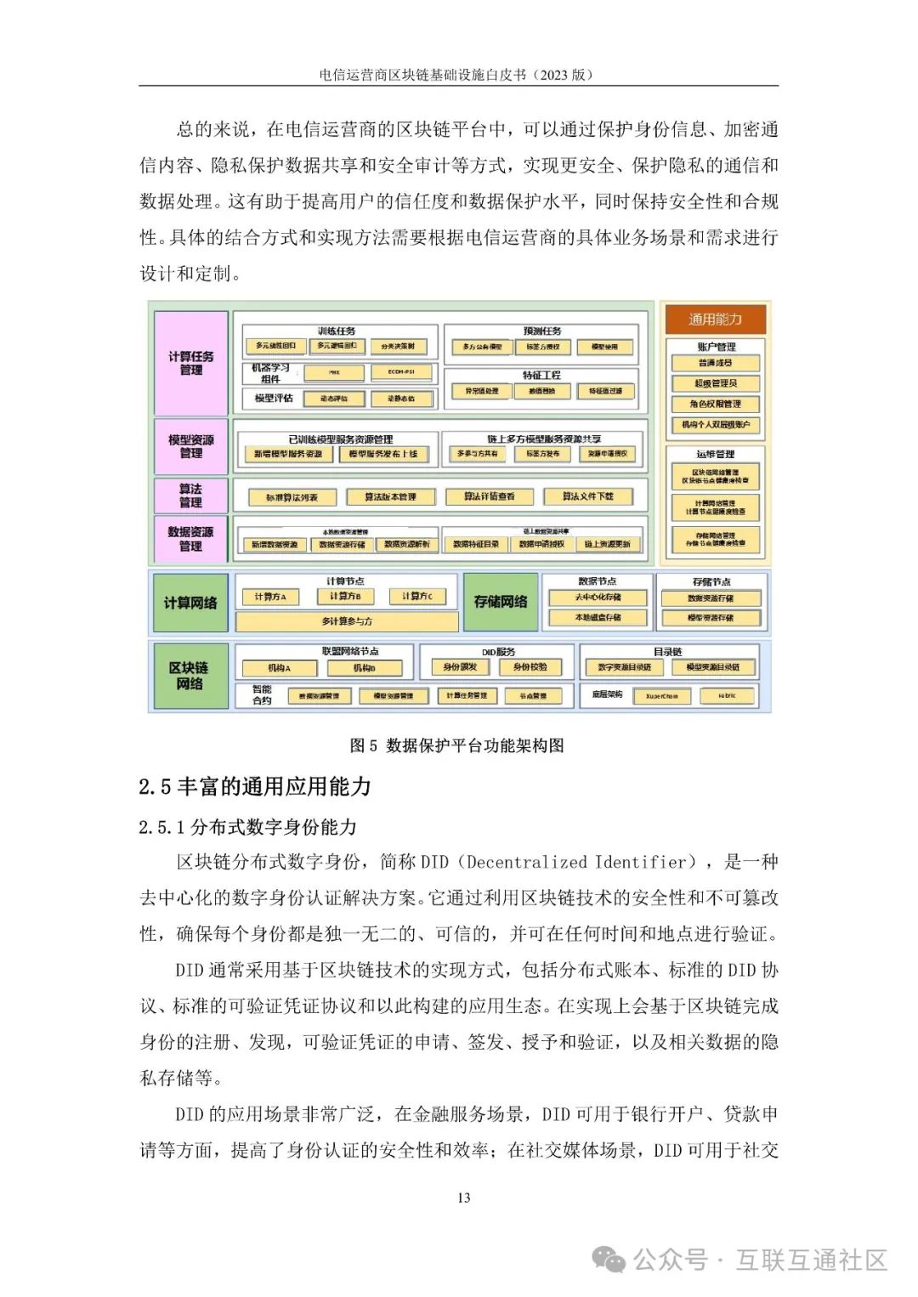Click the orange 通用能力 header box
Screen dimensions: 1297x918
715,320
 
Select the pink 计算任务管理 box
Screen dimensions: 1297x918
191,363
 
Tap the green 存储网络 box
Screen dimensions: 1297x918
501,602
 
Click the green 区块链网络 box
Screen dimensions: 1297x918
190,676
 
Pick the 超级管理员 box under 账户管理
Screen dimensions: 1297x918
716,383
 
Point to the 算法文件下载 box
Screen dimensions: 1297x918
587,496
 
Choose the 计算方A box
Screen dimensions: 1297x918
270,597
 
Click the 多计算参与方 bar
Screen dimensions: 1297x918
347,621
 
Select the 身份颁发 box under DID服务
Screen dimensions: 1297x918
460,667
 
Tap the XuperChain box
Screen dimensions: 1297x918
662,696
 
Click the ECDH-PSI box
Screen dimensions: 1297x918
401,372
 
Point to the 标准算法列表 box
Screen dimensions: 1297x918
292,497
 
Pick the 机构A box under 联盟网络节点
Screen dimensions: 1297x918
279,668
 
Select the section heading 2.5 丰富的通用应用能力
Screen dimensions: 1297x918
255,786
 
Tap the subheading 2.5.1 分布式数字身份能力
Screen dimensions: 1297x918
247,827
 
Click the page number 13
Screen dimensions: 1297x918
463,1198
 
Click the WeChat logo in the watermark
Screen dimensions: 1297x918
609,1259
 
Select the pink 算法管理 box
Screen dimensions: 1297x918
191,496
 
